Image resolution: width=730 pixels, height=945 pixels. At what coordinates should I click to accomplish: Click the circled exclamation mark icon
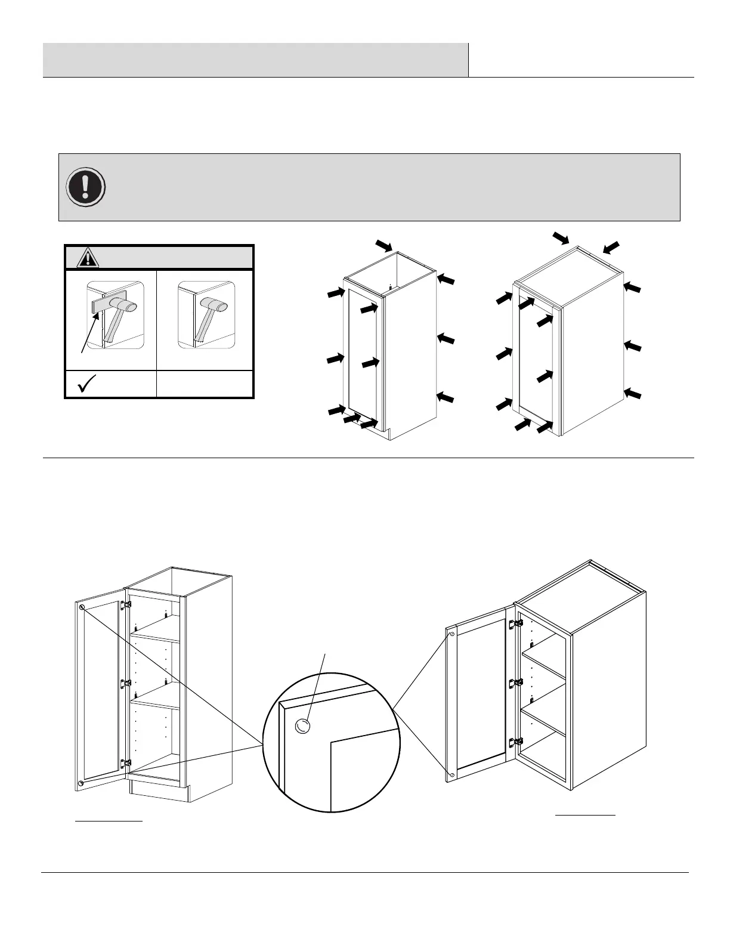pos(86,186)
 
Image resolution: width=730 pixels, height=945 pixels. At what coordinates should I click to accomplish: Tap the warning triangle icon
pos(88,258)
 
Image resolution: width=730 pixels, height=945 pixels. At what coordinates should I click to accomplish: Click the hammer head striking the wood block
pos(127,306)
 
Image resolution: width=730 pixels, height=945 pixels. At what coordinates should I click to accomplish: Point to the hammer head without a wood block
pos(215,305)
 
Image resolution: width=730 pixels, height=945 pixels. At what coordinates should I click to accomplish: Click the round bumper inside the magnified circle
pos(303,725)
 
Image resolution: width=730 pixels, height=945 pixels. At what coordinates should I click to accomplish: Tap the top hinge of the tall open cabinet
pos(125,605)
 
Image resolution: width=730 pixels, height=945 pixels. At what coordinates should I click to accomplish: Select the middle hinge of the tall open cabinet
pos(125,683)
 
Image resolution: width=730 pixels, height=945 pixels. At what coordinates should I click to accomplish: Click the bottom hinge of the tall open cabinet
pos(125,763)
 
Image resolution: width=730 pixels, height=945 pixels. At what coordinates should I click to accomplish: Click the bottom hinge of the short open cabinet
pos(512,743)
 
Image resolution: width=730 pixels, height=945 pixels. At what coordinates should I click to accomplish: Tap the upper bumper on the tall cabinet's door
pos(82,607)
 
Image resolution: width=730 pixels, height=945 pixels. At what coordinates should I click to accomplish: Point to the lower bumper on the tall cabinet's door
pos(81,782)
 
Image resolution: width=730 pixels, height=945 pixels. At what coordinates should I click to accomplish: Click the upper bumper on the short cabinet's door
pos(452,634)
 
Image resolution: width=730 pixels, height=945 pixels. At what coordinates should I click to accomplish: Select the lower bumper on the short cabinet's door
pos(452,774)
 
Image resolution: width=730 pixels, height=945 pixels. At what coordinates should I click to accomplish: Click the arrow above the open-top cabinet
pos(383,245)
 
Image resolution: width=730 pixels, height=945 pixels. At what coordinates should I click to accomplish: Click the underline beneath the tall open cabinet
pos(109,822)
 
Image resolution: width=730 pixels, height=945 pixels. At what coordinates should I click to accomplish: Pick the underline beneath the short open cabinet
pos(585,814)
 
